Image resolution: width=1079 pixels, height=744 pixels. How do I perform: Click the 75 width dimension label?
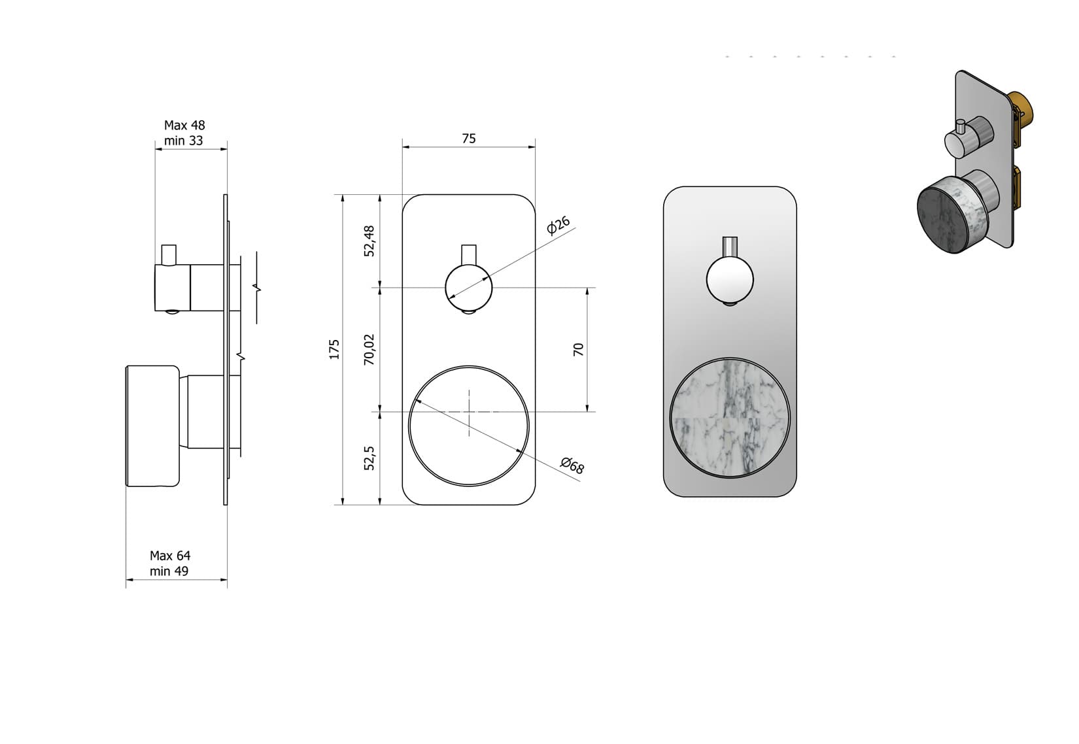click(x=469, y=139)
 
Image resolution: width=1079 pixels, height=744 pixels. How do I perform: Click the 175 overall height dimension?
click(x=334, y=349)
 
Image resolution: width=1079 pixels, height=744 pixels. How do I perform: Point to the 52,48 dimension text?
click(x=369, y=241)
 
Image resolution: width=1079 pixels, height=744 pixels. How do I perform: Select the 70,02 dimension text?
click(x=369, y=349)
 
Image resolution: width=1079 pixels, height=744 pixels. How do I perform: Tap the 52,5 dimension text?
click(x=369, y=458)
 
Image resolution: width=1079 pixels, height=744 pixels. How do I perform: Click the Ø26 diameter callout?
click(x=558, y=225)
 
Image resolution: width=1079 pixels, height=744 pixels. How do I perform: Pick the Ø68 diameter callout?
click(x=572, y=465)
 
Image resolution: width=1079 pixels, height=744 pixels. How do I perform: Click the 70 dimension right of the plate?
click(x=578, y=349)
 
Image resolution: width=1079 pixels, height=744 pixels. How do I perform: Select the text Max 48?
click(x=184, y=125)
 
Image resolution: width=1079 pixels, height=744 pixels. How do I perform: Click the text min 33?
click(x=183, y=141)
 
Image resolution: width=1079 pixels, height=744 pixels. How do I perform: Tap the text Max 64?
click(x=170, y=556)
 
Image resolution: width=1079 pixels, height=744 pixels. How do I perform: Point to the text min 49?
click(x=169, y=571)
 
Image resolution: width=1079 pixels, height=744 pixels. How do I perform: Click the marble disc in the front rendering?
click(x=730, y=418)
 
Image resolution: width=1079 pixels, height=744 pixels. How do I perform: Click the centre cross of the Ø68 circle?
click(x=469, y=412)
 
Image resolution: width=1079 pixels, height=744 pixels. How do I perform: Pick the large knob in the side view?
click(x=152, y=426)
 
